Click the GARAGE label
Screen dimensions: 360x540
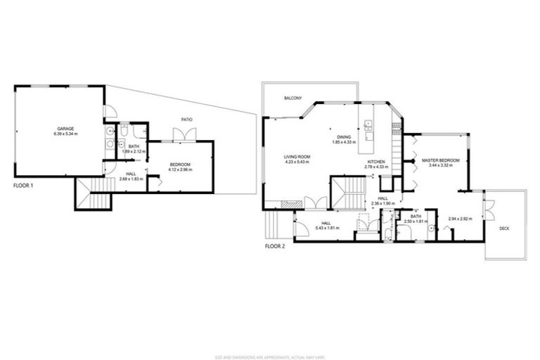click(66, 129)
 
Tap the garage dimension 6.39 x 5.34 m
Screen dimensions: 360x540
click(66, 134)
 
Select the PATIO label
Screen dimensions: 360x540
click(187, 120)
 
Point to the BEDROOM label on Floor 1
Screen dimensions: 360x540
click(181, 165)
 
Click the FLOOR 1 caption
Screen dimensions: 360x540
click(24, 186)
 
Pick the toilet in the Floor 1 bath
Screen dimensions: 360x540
click(124, 131)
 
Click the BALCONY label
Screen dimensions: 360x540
click(293, 98)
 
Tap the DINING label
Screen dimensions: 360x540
click(344, 137)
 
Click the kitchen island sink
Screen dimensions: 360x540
click(367, 126)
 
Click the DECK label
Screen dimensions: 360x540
click(504, 229)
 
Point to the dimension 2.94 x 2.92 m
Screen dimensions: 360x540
click(461, 219)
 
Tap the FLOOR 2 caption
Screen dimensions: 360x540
click(275, 247)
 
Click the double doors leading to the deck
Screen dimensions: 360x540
click(487, 210)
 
